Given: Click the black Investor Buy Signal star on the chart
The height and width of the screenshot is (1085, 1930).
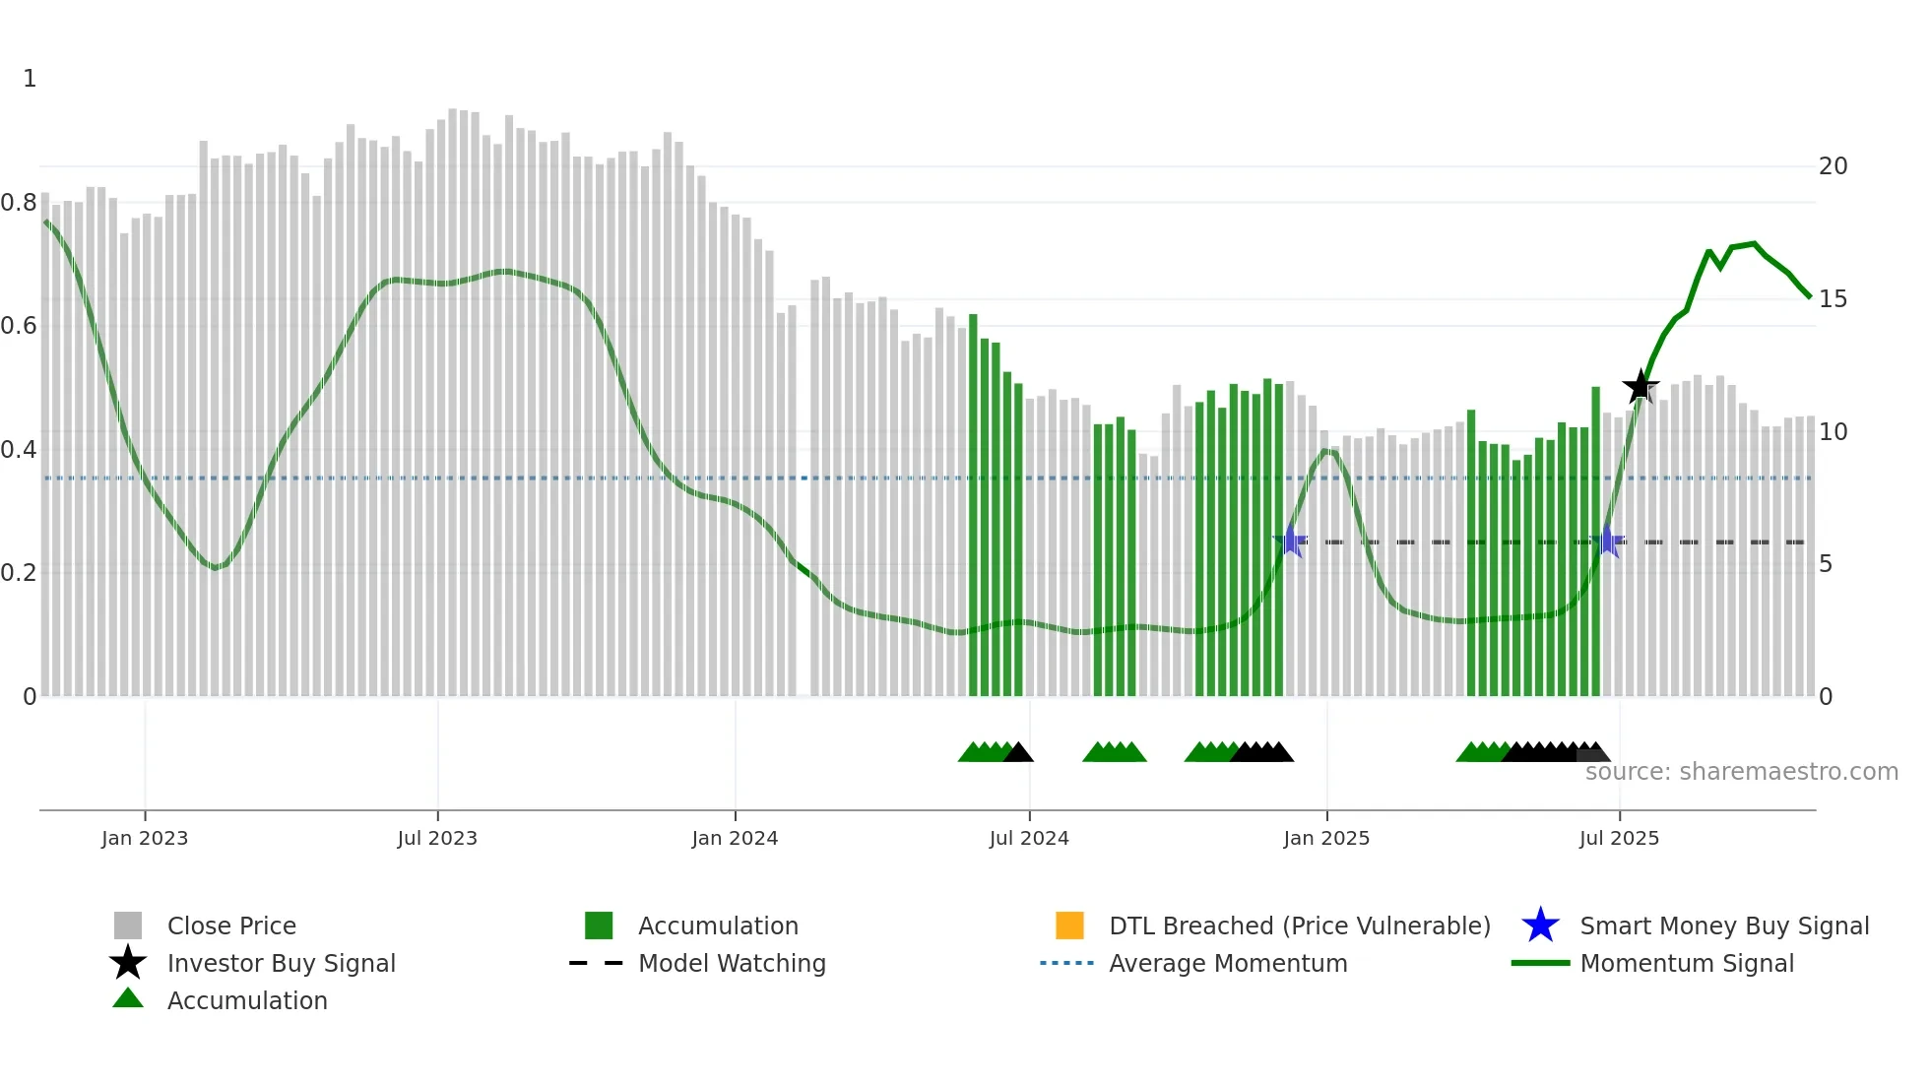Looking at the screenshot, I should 1640,387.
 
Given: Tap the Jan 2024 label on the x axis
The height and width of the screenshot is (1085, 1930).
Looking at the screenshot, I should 735,838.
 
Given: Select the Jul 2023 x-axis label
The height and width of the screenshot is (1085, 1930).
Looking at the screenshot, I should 437,838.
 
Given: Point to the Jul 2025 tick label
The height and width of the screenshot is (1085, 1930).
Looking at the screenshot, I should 1619,838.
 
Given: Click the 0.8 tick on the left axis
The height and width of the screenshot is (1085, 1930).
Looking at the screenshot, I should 19,203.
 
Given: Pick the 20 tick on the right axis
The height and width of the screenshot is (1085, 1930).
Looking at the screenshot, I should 1833,166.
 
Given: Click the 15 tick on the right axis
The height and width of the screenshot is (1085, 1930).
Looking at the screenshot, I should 1833,299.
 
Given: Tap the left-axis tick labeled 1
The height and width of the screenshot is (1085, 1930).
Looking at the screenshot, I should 30,79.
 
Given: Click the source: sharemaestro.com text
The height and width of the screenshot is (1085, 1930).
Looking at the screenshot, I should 1741,772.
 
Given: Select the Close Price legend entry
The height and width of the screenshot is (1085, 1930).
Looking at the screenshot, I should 231,926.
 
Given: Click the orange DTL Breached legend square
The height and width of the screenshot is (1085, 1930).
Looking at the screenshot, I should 1069,925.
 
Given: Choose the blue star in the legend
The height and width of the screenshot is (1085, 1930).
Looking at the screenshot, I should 1540,925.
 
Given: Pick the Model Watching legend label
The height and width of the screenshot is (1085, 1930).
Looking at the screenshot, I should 732,964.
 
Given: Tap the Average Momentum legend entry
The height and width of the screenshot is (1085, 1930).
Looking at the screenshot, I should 1228,964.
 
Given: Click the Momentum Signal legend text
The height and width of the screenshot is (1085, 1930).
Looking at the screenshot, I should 1687,964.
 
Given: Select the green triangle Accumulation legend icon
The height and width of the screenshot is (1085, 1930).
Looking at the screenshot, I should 128,999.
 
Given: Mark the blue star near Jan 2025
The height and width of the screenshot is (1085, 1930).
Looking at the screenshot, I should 1291,541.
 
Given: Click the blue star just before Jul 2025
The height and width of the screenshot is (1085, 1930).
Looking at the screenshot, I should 1607,541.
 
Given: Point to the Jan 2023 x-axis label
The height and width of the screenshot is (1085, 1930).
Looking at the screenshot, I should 145,838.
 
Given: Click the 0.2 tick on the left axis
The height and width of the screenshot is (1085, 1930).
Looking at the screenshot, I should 19,573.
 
